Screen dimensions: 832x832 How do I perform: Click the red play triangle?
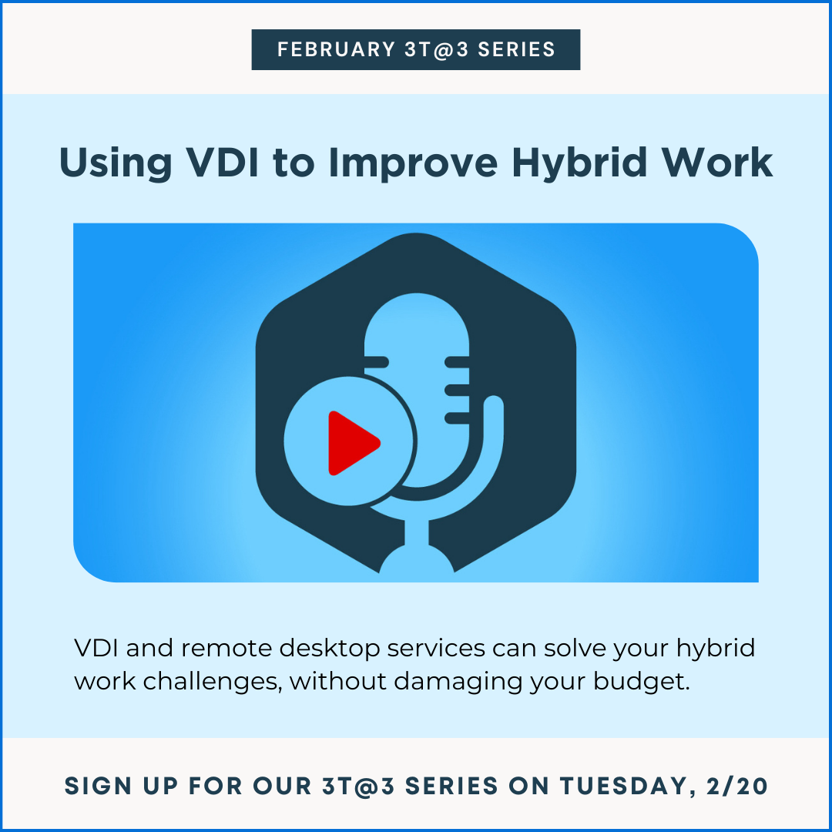[x=351, y=442]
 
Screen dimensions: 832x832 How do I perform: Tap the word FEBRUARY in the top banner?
[x=336, y=49]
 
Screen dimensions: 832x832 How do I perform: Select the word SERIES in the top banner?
[x=516, y=49]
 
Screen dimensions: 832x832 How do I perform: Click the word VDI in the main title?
[x=223, y=162]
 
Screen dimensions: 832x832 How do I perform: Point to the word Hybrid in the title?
[x=579, y=163]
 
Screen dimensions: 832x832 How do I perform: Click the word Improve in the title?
[x=413, y=163]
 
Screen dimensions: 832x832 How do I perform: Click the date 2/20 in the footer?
[x=737, y=786]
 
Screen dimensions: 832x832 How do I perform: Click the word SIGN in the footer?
[x=98, y=786]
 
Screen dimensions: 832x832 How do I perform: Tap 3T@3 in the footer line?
[x=358, y=786]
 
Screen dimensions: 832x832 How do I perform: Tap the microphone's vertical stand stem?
[x=417, y=533]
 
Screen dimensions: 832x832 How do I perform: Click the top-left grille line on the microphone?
[x=376, y=362]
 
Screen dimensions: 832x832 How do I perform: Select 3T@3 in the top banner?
[x=436, y=49]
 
